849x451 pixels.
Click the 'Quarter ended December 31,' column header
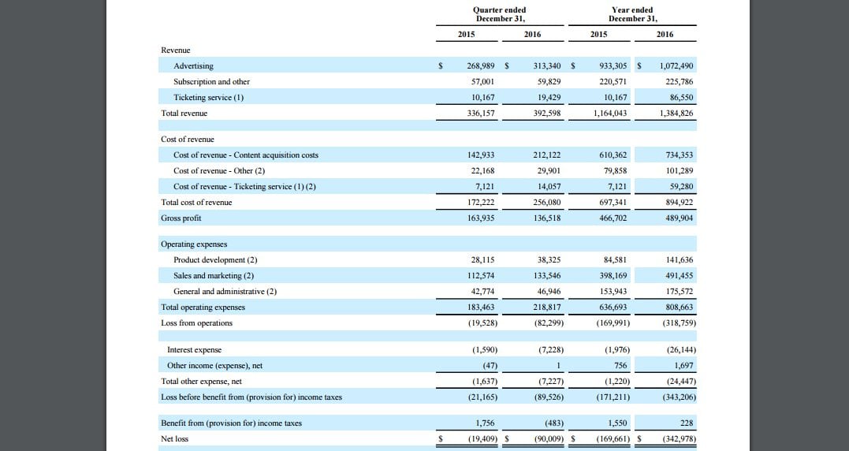click(499, 14)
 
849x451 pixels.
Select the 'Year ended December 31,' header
click(632, 14)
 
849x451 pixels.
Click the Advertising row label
click(193, 66)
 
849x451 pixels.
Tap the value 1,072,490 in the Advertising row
click(676, 66)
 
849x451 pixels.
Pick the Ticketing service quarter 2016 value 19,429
click(547, 98)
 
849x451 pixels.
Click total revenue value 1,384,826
click(676, 114)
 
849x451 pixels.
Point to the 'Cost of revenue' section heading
click(188, 139)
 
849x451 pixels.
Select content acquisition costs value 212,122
click(547, 155)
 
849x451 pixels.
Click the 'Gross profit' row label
click(181, 218)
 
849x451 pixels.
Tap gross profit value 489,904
click(679, 218)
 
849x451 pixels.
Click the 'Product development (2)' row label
click(215, 260)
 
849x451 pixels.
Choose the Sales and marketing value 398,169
click(613, 276)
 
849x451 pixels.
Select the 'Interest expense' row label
click(195, 350)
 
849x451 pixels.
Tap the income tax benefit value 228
click(687, 423)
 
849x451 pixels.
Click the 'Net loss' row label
click(174, 438)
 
